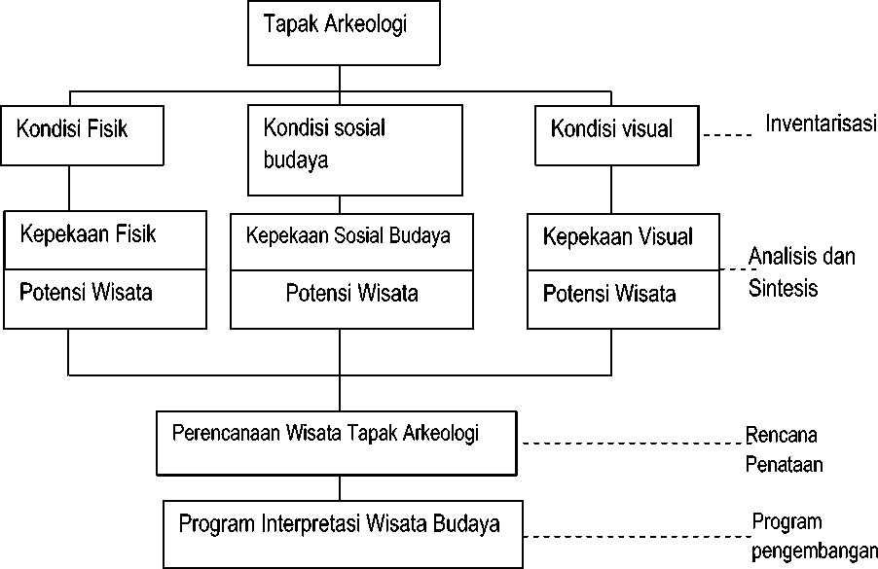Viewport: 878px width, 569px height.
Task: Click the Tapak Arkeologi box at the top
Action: [344, 33]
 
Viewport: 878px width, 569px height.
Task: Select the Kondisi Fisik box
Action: [83, 135]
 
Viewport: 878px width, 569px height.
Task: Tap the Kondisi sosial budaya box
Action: [355, 150]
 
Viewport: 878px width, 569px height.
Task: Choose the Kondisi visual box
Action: [617, 135]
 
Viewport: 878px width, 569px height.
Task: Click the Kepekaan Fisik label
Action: [88, 233]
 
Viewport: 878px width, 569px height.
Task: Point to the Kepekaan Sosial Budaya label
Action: [348, 235]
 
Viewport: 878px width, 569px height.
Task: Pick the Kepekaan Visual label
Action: [618, 236]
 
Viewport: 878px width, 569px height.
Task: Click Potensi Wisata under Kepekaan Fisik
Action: [86, 292]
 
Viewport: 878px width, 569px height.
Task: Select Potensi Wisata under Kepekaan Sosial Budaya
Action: [351, 293]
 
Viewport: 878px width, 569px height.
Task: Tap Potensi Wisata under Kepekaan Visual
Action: [609, 294]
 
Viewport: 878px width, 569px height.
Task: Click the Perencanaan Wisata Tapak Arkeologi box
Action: [337, 444]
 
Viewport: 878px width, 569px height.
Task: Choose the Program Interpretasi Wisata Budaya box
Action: [344, 534]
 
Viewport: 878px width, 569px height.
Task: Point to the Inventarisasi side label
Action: [821, 124]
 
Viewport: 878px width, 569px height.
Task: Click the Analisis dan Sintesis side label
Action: [801, 272]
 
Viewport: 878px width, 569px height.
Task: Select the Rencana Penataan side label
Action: [784, 449]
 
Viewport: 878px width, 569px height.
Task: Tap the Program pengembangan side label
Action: [814, 536]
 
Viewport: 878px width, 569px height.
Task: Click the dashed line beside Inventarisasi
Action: [727, 135]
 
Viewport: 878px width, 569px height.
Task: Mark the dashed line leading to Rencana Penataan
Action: [634, 444]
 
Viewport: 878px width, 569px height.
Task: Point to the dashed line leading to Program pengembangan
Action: [638, 537]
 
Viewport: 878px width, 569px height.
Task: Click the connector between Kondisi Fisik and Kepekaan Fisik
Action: [69, 188]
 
